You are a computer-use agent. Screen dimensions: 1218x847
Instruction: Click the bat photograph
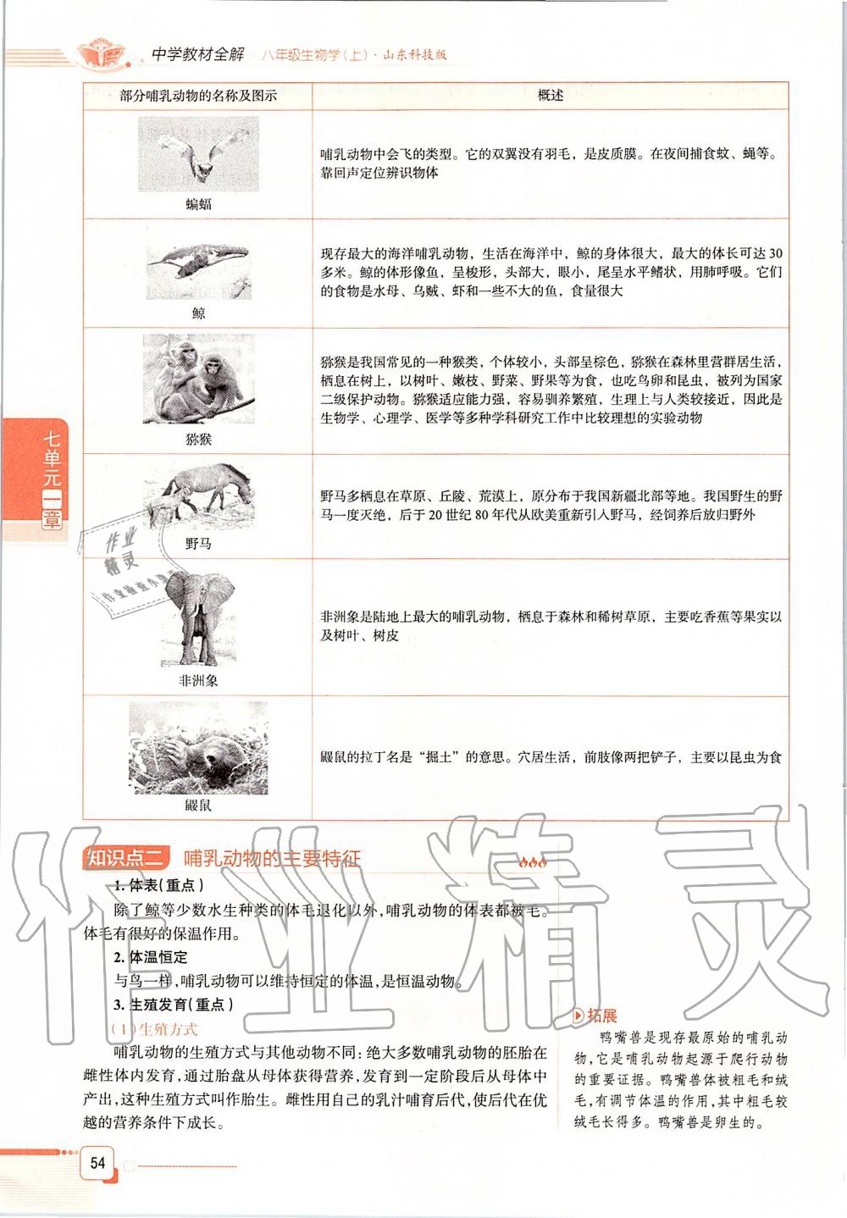click(198, 153)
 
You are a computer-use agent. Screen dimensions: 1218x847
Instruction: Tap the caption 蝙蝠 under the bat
click(198, 204)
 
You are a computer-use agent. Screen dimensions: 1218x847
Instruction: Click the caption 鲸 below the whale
click(198, 313)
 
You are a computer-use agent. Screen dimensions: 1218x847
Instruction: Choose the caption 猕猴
click(198, 440)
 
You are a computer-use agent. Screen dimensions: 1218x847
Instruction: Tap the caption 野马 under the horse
click(198, 544)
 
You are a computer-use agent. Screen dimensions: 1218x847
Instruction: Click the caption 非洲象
click(198, 679)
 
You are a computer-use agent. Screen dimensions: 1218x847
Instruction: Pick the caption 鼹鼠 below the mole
click(198, 806)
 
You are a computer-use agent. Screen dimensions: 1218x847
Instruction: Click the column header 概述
click(551, 96)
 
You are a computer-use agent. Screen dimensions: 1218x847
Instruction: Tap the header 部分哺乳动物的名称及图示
click(198, 96)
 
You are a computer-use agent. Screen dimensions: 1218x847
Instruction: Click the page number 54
click(97, 1162)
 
